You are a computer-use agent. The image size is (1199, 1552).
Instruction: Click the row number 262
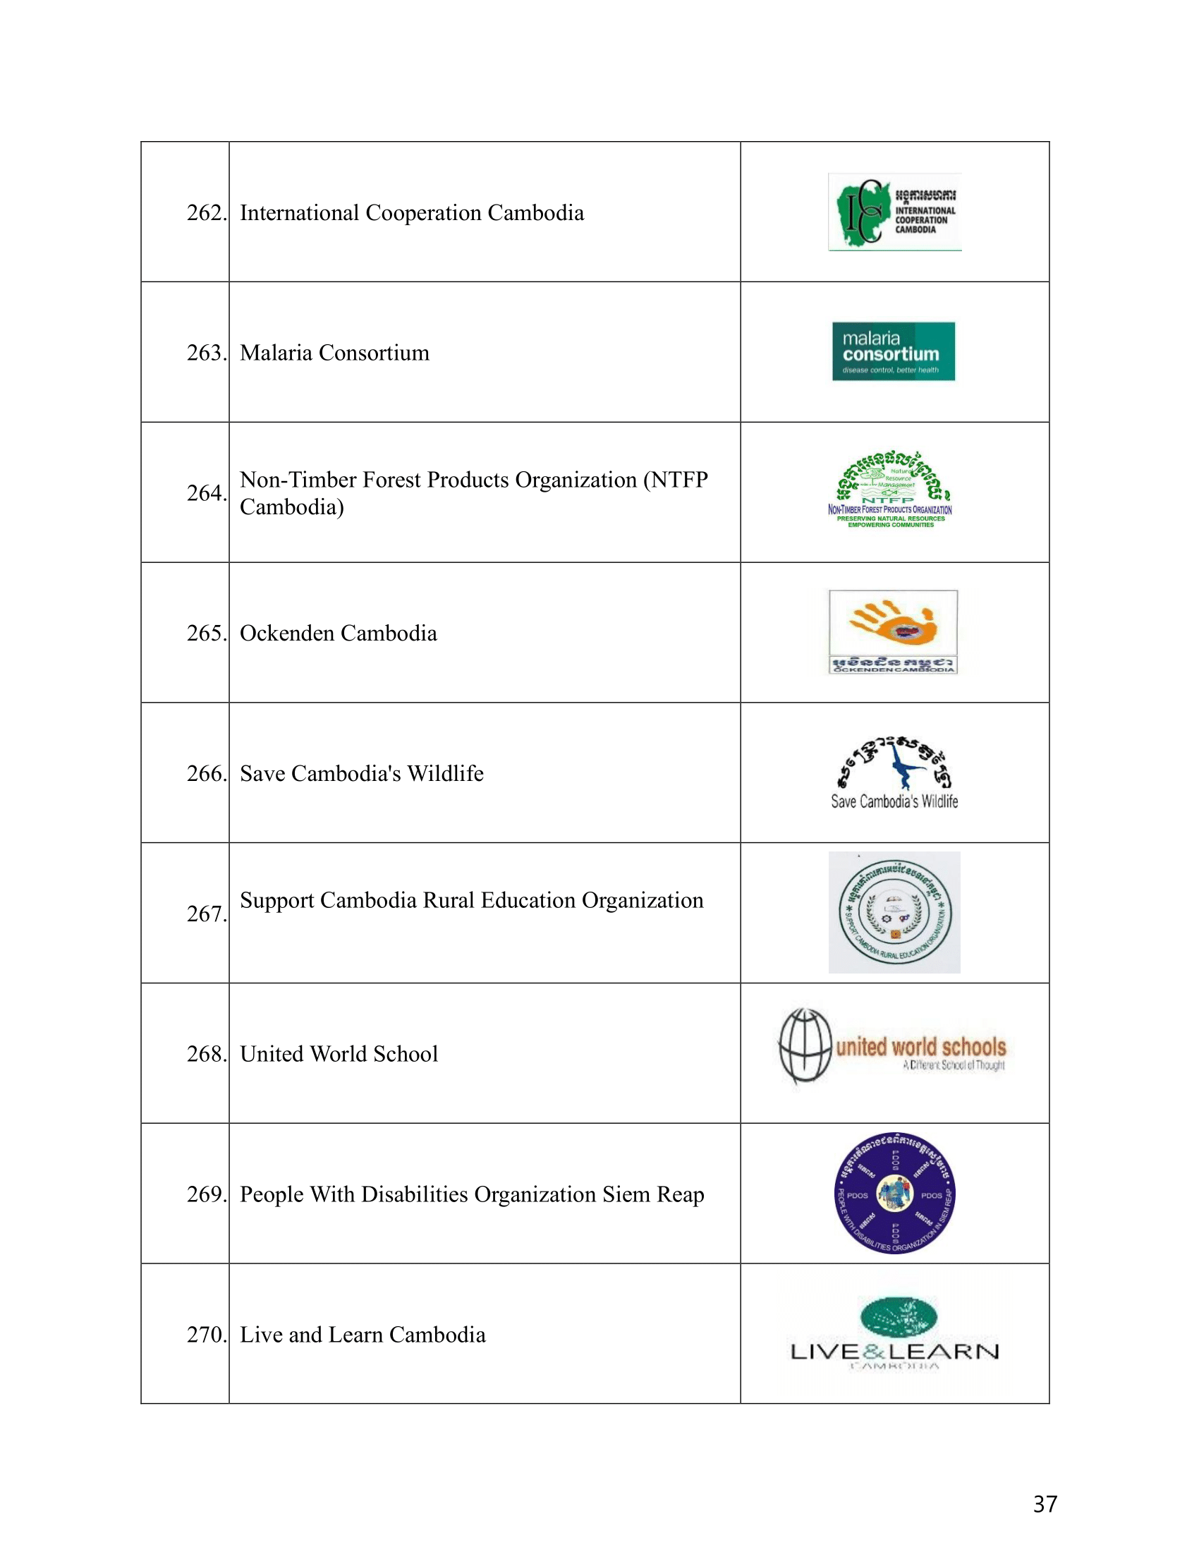(x=206, y=212)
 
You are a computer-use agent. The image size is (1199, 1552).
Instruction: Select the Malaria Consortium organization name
(x=334, y=353)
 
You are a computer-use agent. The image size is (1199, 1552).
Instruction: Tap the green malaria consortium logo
(x=893, y=351)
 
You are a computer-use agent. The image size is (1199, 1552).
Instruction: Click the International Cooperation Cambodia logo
(x=894, y=212)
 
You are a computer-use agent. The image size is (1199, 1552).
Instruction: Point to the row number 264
(x=206, y=492)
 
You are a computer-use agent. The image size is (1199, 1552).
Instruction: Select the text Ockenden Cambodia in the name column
(x=338, y=633)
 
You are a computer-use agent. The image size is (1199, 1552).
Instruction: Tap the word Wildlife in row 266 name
(x=445, y=773)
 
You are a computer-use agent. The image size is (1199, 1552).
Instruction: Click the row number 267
(x=206, y=913)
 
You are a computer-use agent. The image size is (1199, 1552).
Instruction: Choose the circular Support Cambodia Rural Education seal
(x=894, y=912)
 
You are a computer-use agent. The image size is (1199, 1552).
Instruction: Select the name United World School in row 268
(x=339, y=1053)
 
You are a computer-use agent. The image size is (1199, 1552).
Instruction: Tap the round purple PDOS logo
(x=894, y=1193)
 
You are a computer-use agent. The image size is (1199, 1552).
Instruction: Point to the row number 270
(x=206, y=1334)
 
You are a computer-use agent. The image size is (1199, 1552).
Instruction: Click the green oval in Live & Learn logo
(x=898, y=1316)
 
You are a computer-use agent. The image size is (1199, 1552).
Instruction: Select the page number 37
(x=1045, y=1504)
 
